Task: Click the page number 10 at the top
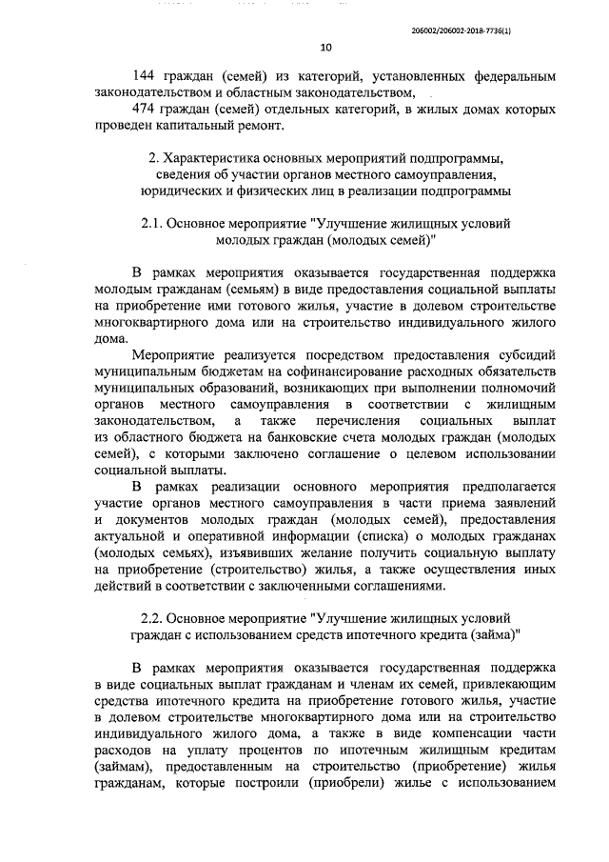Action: (325, 48)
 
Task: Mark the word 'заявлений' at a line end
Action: (524, 504)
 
